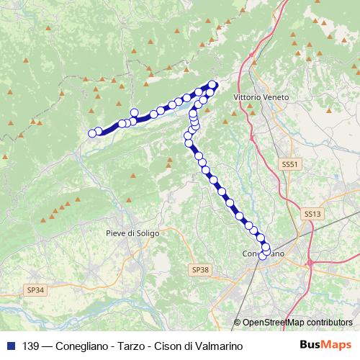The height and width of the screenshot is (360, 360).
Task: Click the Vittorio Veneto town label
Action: point(261,96)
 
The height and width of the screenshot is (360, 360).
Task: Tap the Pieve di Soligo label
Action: point(132,233)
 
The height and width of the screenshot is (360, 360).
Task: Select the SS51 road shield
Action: point(289,165)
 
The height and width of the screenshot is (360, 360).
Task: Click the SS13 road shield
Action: point(311,214)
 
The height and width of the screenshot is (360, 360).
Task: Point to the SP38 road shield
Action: point(201,269)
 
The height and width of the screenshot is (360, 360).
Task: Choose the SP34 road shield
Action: point(35,289)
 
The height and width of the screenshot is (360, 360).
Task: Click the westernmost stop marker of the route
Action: point(92,133)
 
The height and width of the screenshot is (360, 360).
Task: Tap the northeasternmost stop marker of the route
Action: point(212,84)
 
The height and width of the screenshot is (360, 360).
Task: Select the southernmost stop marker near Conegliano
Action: point(264,255)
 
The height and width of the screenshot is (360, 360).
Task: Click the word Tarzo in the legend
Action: point(130,346)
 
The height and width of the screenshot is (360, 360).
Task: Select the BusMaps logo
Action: point(325,346)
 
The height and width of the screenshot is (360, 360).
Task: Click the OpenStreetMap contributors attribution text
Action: point(297,323)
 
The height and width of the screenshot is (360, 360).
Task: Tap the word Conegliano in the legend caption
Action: point(81,346)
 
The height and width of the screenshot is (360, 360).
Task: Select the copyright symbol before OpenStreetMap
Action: point(238,323)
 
